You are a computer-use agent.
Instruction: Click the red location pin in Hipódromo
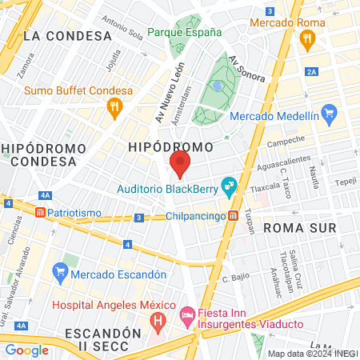click(179, 164)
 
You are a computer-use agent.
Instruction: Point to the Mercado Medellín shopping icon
click(326, 113)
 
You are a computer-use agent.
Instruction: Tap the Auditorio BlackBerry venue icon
click(229, 189)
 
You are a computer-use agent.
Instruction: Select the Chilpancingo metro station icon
click(232, 215)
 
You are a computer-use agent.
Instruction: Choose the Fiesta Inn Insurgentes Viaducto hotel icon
click(187, 317)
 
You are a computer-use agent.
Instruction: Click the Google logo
click(27, 350)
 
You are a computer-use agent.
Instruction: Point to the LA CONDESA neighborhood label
click(67, 36)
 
